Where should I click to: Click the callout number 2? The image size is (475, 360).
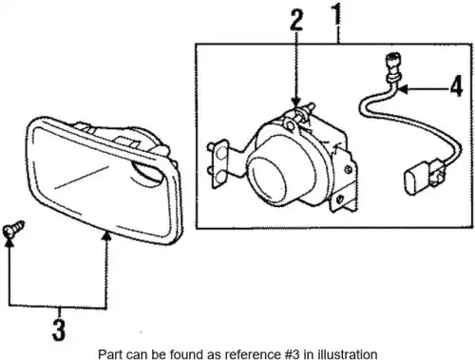pyautogui.click(x=296, y=20)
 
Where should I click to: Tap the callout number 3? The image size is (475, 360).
pyautogui.click(x=59, y=330)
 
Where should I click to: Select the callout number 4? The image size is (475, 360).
pyautogui.click(x=456, y=86)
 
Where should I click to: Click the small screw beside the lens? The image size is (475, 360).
pyautogui.click(x=13, y=230)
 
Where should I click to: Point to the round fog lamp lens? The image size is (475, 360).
pyautogui.click(x=267, y=180)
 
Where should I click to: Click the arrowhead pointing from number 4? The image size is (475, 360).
pyautogui.click(x=403, y=90)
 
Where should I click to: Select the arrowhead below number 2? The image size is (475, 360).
pyautogui.click(x=296, y=102)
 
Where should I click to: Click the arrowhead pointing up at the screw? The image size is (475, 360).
pyautogui.click(x=9, y=242)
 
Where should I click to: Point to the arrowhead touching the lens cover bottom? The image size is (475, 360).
pyautogui.click(x=106, y=236)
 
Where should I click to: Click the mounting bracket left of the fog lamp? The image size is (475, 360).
pyautogui.click(x=218, y=163)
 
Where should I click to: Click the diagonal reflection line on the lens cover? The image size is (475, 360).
pyautogui.click(x=82, y=178)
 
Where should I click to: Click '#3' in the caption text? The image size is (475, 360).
pyautogui.click(x=291, y=354)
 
